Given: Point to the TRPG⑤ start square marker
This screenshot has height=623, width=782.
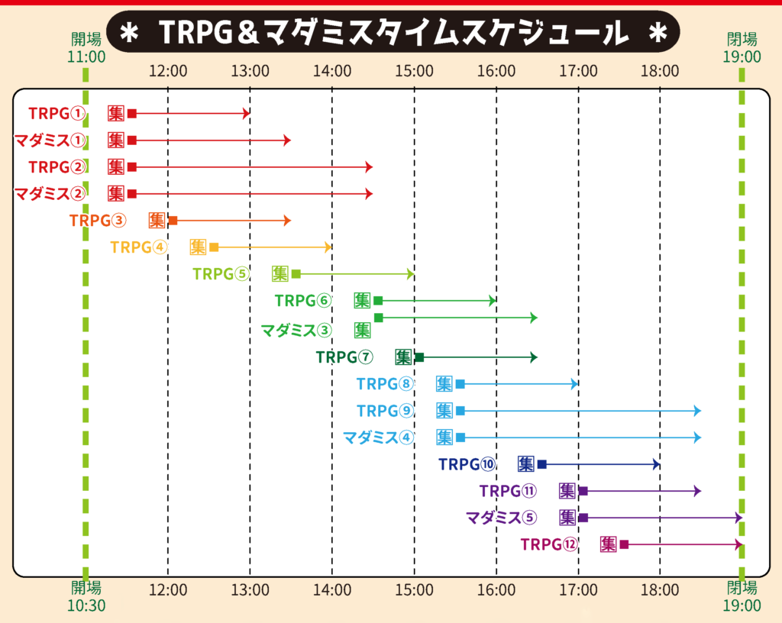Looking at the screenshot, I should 296,273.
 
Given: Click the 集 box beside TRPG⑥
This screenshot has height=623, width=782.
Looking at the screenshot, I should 363,300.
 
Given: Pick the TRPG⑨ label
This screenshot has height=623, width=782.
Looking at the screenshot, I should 385,411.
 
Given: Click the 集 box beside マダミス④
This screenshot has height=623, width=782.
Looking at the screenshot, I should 444,437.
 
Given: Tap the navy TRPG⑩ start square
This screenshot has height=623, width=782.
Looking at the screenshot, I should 542,464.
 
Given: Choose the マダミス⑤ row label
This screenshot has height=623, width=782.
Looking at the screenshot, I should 501,518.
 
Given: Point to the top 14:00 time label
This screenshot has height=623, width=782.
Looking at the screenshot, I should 332,72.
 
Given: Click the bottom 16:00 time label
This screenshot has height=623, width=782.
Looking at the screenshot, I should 496,589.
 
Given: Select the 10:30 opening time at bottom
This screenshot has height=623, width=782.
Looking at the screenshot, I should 86,605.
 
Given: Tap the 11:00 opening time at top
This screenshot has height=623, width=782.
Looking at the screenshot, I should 86,56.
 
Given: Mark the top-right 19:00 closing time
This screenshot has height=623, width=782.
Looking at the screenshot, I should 742,56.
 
